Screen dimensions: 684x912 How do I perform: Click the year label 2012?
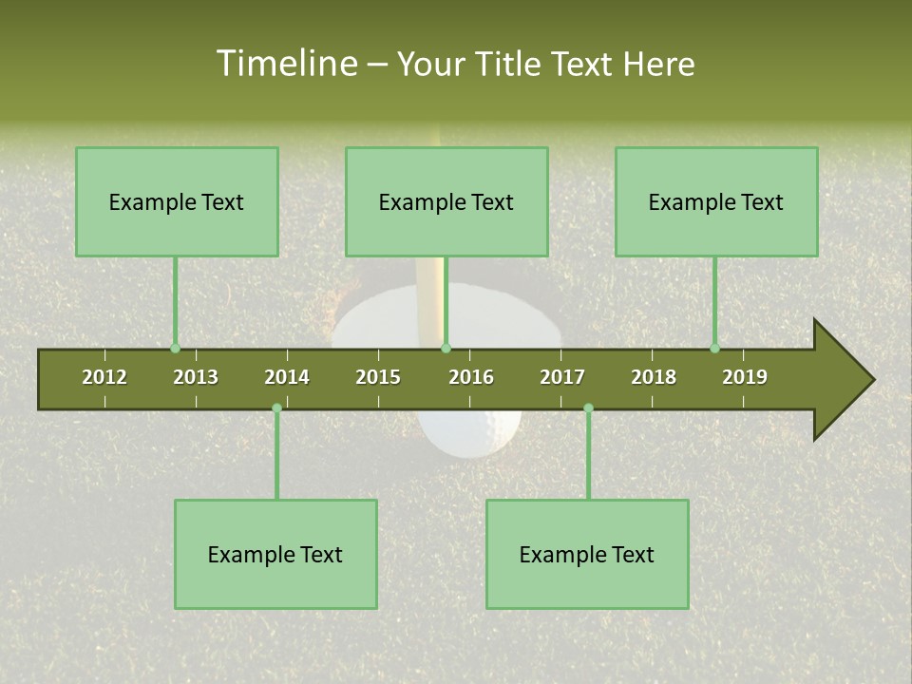point(104,377)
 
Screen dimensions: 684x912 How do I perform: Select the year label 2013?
point(196,377)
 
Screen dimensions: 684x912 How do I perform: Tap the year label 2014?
point(287,377)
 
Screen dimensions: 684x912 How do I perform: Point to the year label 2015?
point(378,377)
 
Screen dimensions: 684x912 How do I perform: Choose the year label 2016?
point(471,377)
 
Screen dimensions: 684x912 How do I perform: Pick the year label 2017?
point(562,377)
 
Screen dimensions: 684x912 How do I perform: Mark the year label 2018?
point(654,377)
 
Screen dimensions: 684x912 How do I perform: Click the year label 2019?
point(745,377)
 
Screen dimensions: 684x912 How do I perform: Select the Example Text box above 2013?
point(177,201)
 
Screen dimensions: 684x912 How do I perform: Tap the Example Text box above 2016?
point(446,201)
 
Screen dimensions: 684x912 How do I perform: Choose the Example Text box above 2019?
point(716,201)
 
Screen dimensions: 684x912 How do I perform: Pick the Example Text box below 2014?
point(275,555)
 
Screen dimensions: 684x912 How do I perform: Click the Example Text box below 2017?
point(587,555)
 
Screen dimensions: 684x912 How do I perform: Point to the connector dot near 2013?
point(175,349)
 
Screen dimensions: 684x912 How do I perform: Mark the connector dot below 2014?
point(276,408)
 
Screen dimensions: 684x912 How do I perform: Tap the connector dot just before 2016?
point(446,349)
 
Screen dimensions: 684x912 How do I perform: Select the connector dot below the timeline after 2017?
point(588,408)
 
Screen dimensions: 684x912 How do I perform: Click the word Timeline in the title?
point(285,64)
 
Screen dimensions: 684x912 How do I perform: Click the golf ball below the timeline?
point(470,432)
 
